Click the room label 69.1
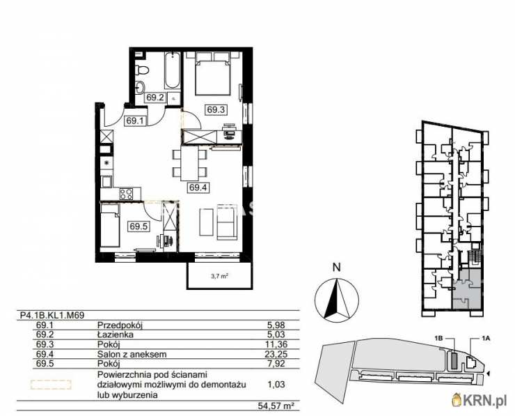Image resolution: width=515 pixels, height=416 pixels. [134, 121]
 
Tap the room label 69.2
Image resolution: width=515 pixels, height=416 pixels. [154, 98]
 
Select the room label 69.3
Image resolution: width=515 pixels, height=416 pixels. [216, 109]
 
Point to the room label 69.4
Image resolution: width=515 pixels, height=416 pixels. [198, 186]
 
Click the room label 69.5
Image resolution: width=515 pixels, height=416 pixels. [138, 225]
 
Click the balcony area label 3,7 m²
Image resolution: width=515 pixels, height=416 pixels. [220, 276]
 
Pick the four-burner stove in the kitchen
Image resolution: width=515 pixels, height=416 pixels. [126, 193]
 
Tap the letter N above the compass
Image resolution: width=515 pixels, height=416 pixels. [335, 266]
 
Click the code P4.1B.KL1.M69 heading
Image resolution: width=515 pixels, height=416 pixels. [52, 315]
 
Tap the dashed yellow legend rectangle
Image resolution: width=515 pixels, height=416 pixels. [50, 384]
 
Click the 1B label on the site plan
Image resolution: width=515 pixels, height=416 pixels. [438, 339]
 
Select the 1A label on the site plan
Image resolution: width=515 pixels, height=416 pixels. [486, 339]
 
